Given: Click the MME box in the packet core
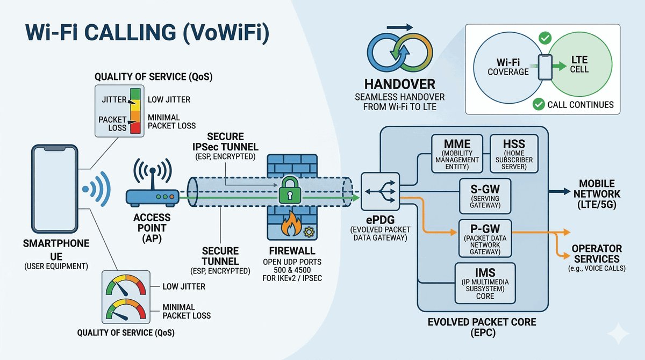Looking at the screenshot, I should (458, 154).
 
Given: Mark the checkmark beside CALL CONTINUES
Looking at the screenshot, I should (537, 104).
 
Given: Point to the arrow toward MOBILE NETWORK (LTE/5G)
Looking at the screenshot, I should (562, 191).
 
